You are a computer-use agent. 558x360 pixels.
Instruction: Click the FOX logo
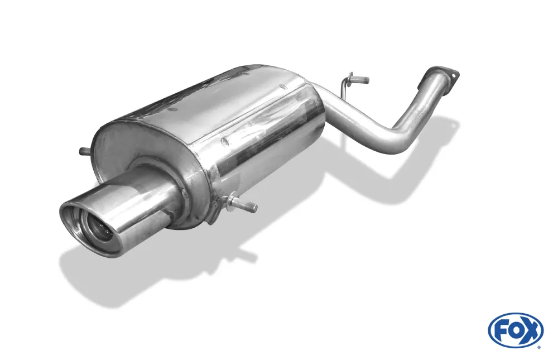[515, 330]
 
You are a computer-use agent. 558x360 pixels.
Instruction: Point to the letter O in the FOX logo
[515, 331]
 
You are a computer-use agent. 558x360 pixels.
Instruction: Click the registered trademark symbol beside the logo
[538, 347]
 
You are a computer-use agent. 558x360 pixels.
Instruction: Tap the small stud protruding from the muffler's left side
[84, 151]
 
